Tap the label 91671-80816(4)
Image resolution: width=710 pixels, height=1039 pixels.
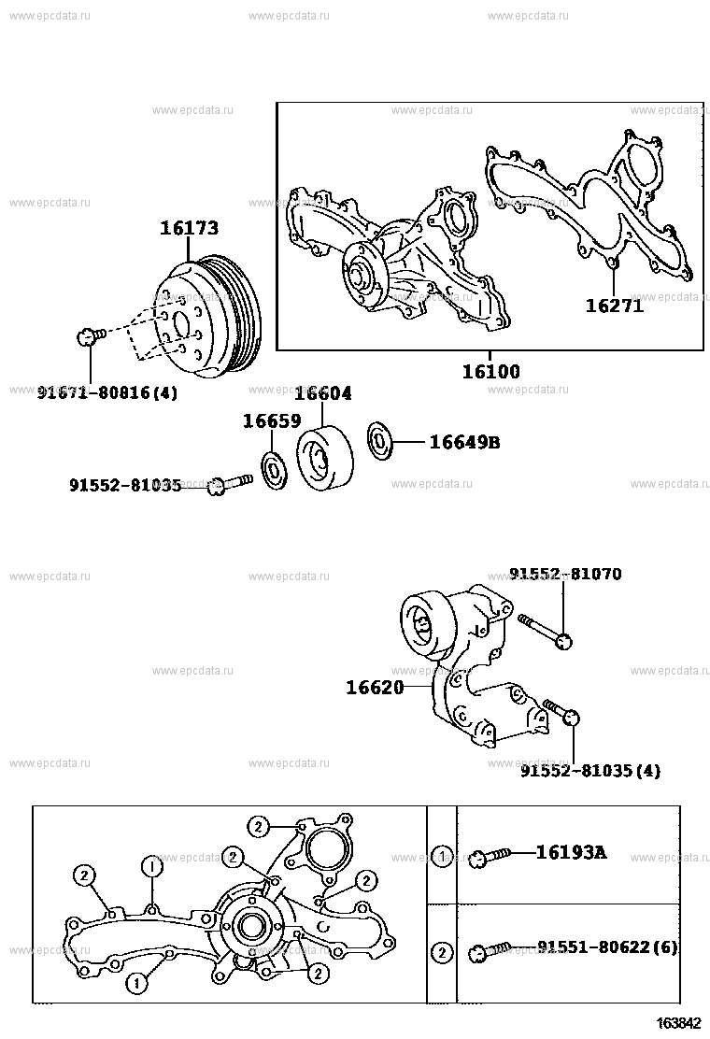pos(107,393)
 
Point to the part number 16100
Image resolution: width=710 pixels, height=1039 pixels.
pos(491,371)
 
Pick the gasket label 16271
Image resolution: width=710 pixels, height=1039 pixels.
pos(615,305)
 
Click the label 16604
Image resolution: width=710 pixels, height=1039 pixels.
pos(323,393)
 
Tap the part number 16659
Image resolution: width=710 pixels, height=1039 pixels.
pos(271,421)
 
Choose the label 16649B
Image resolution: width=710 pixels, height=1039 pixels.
pos(464,442)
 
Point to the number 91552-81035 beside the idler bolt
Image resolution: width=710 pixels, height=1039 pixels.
pos(124,485)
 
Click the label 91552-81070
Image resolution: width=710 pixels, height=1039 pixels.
pos(565,574)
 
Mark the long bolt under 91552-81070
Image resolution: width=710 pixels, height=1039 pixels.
pos(544,630)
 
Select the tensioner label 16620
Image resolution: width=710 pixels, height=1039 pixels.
pos(375,688)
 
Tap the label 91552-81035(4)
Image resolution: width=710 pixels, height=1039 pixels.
pos(590,771)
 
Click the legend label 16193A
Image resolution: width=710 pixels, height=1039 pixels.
pos(571,851)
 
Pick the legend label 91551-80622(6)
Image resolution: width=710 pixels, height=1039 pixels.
pos(607,947)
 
